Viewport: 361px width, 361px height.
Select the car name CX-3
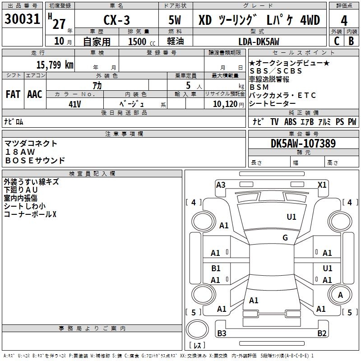(116, 20)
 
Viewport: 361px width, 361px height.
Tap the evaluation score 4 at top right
(344, 21)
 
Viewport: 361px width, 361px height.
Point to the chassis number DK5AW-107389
(303, 143)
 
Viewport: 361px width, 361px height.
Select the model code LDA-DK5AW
(258, 42)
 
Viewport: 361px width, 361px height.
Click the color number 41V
(75, 104)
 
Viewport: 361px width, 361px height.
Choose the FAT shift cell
(13, 94)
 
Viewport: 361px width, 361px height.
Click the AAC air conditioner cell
(34, 94)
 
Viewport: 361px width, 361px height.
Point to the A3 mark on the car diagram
(221, 185)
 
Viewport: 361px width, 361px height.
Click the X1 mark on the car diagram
(322, 185)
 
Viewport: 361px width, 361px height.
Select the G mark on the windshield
(285, 238)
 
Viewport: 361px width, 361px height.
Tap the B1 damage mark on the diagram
(216, 268)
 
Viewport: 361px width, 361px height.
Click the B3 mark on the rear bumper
(222, 333)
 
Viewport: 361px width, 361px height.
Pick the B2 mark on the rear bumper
(322, 333)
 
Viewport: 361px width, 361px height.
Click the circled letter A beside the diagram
(340, 295)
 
